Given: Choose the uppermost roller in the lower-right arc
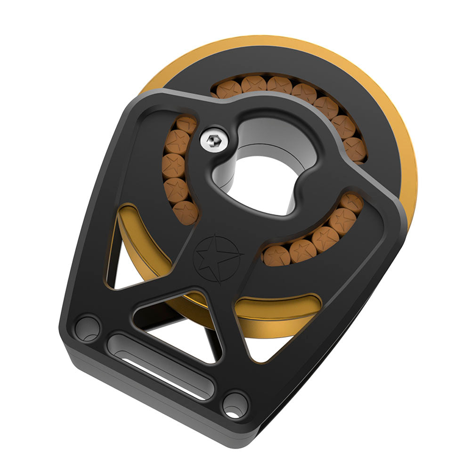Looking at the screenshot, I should (x=352, y=204).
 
